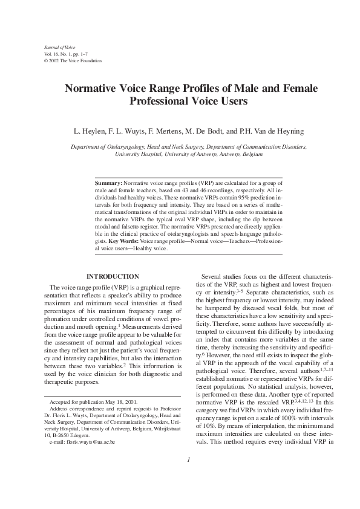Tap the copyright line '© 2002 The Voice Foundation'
click(70, 61)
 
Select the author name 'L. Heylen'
click(90, 131)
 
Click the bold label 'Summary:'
click(109, 181)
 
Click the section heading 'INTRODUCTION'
click(113, 277)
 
